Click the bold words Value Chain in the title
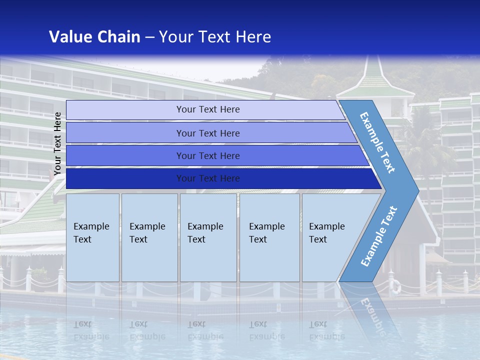point(94,37)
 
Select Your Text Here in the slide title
point(215,37)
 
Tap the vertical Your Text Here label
point(57,143)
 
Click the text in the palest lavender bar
point(208,109)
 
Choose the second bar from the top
point(208,133)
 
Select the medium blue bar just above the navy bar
point(208,155)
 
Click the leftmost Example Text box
point(92,237)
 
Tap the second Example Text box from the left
point(149,237)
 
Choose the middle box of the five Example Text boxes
point(208,237)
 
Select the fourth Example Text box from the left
point(269,237)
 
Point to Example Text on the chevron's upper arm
point(377,142)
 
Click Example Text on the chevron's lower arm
point(379,236)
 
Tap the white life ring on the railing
point(395,286)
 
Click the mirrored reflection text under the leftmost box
point(91,330)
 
